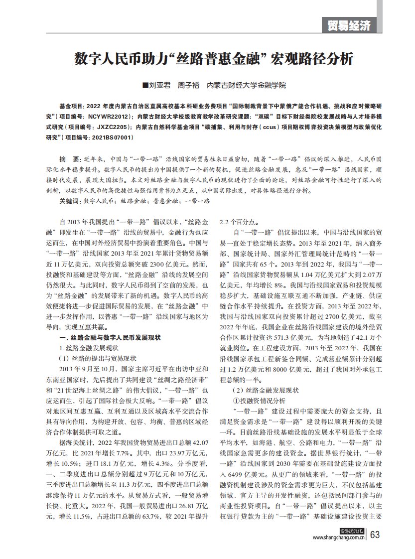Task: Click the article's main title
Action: pos(214,59)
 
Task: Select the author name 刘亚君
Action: pos(160,86)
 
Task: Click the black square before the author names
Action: pos(145,86)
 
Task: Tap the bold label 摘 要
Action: pos(70,158)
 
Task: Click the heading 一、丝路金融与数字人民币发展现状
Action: pos(110,338)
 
